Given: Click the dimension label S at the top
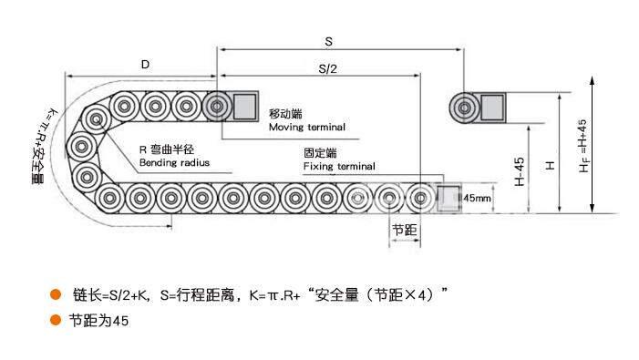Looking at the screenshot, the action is point(328,42).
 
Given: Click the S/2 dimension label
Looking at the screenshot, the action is point(327,69).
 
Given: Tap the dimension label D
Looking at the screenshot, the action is point(145,65).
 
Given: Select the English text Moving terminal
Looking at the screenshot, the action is point(307,127).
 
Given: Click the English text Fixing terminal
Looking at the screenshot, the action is point(339,166).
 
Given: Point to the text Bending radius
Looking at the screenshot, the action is point(174,162).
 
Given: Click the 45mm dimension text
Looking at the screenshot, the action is point(478,198).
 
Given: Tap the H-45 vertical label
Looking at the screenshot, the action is point(520,171).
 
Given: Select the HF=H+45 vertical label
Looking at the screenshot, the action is point(583,146).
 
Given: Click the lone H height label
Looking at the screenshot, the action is point(551,165).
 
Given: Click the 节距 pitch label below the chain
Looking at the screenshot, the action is point(404,230).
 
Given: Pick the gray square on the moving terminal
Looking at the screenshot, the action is point(244,106).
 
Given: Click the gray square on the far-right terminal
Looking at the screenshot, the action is point(492,108).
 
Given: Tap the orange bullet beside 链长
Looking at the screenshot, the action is point(56,294).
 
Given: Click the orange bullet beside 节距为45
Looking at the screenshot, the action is point(56,320).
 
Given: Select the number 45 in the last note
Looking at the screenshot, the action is point(120,321).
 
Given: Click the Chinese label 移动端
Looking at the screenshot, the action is point(285,114).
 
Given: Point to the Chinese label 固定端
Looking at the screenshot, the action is point(320,153).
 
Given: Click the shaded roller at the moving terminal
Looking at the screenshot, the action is point(217,107).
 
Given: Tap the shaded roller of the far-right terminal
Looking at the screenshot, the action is point(465,108).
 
